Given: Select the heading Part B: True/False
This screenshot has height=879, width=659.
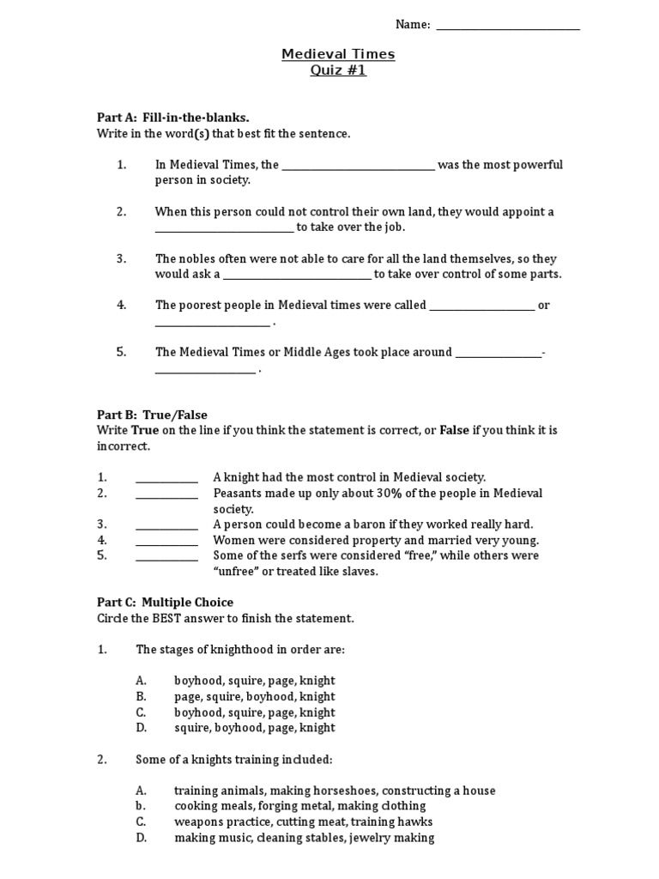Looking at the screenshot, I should point(152,415).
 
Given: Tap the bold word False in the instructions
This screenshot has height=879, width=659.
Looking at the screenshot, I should point(455,430).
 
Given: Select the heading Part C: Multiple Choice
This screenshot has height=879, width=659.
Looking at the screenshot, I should point(165,603).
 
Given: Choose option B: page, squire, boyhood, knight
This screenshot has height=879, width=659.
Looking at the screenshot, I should point(254,696).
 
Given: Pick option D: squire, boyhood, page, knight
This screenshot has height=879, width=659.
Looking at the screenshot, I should point(254,727).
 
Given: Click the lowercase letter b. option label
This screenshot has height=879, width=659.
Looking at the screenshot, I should point(140,806).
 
